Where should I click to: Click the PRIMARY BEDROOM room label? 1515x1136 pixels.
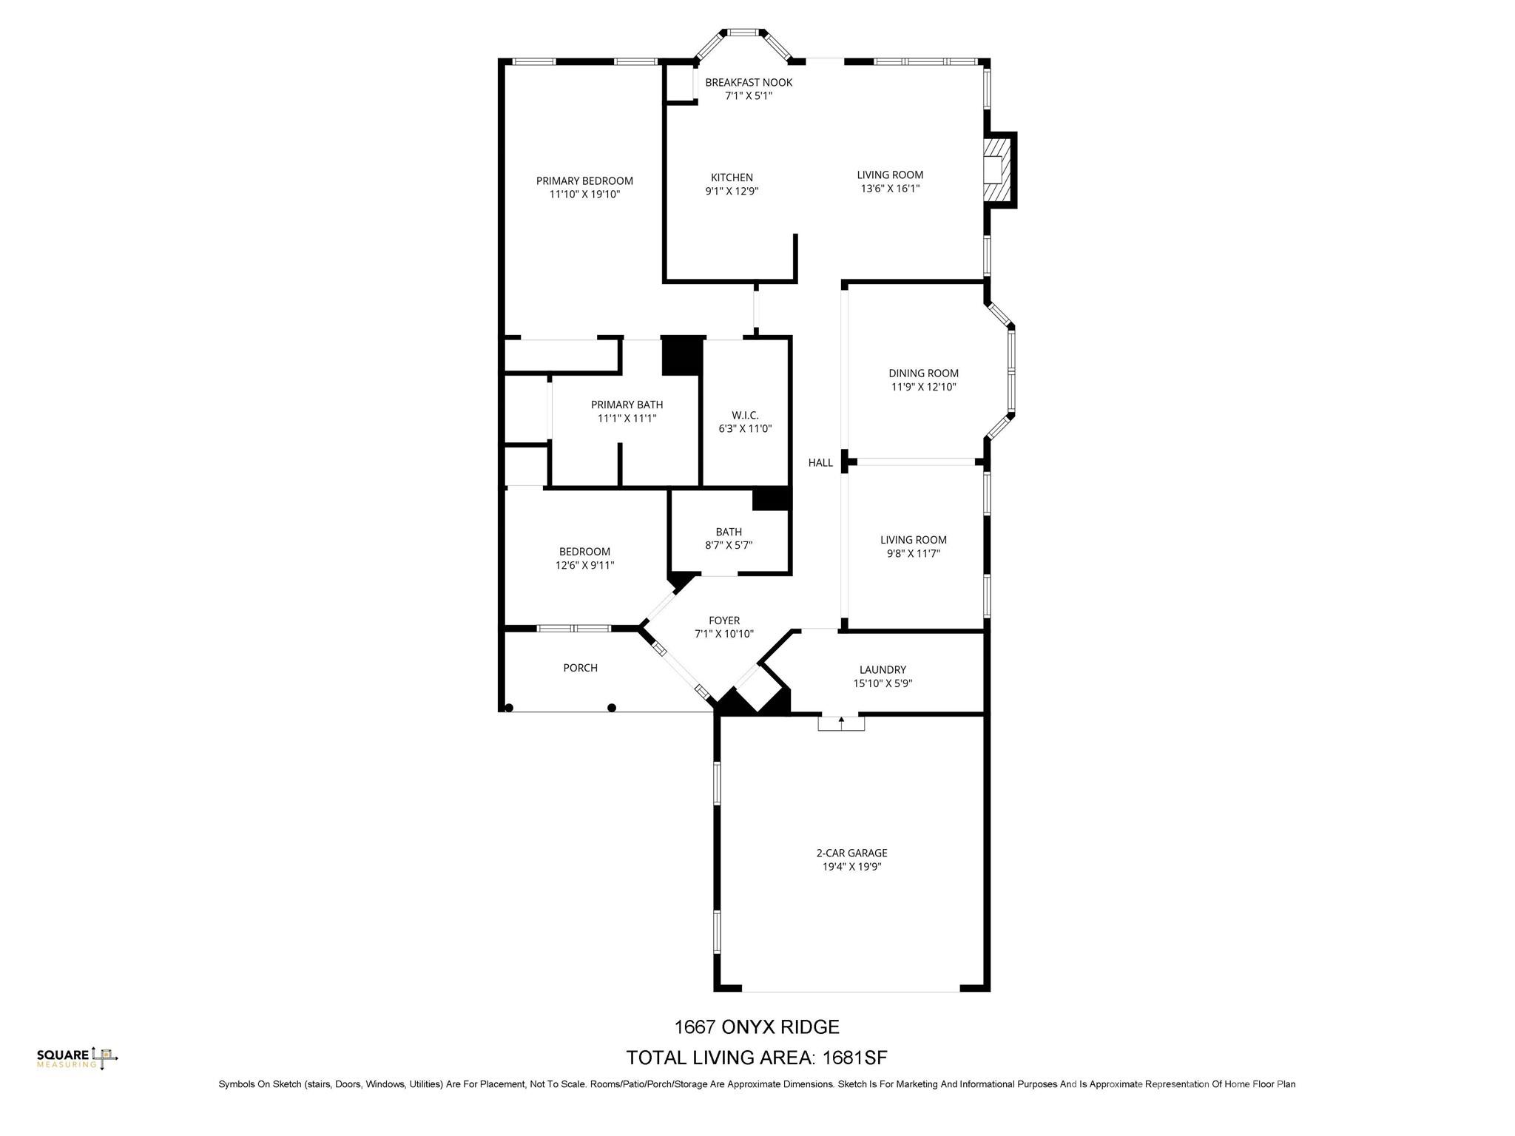tap(584, 181)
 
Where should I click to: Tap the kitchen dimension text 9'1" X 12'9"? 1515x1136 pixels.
tap(732, 192)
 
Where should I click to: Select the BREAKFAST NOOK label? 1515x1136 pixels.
tap(748, 83)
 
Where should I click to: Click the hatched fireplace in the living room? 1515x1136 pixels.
tap(996, 169)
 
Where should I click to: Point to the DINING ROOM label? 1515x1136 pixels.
tap(923, 373)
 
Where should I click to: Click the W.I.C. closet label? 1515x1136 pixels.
tap(745, 416)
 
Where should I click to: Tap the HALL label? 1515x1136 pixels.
tap(820, 463)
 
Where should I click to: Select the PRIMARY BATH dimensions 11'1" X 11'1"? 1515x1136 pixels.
tap(627, 419)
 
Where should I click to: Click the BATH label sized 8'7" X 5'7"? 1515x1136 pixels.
tap(729, 532)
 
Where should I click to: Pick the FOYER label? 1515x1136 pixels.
tap(723, 621)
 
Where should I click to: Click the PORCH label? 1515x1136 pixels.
tap(580, 668)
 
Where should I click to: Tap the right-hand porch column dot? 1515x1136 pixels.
tap(612, 708)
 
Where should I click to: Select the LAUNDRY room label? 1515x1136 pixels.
tap(883, 670)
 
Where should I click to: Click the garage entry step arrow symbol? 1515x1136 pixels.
tap(841, 720)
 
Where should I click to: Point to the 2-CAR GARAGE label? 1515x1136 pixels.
tap(851, 853)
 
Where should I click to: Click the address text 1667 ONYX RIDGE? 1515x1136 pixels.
tap(756, 1027)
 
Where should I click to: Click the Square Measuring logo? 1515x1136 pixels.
tap(77, 1058)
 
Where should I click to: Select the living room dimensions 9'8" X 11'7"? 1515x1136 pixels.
tap(913, 554)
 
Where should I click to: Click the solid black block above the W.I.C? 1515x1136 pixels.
tap(681, 355)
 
